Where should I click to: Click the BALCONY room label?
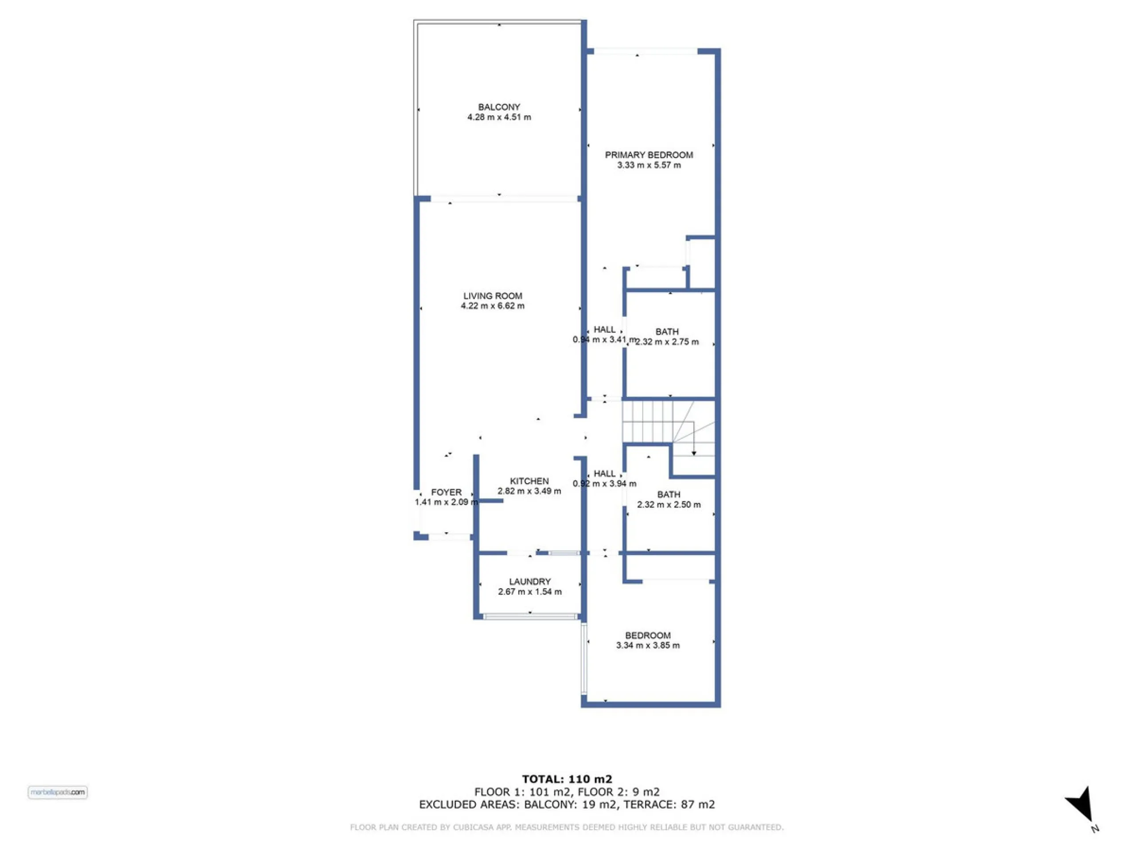(x=499, y=107)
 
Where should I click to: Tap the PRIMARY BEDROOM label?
(x=649, y=155)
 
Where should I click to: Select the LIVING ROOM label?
(x=493, y=296)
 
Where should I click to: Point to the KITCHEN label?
(x=529, y=481)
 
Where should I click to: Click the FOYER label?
(x=446, y=492)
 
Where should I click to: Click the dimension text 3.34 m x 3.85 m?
(x=648, y=645)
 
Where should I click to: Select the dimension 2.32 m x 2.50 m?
(x=669, y=505)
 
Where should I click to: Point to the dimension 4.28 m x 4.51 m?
(x=499, y=117)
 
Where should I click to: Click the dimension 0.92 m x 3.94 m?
(x=604, y=484)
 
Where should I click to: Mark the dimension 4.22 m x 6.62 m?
(x=493, y=306)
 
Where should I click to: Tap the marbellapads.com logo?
(x=58, y=792)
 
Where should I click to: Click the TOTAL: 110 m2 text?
(x=567, y=780)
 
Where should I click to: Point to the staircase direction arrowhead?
(x=694, y=453)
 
